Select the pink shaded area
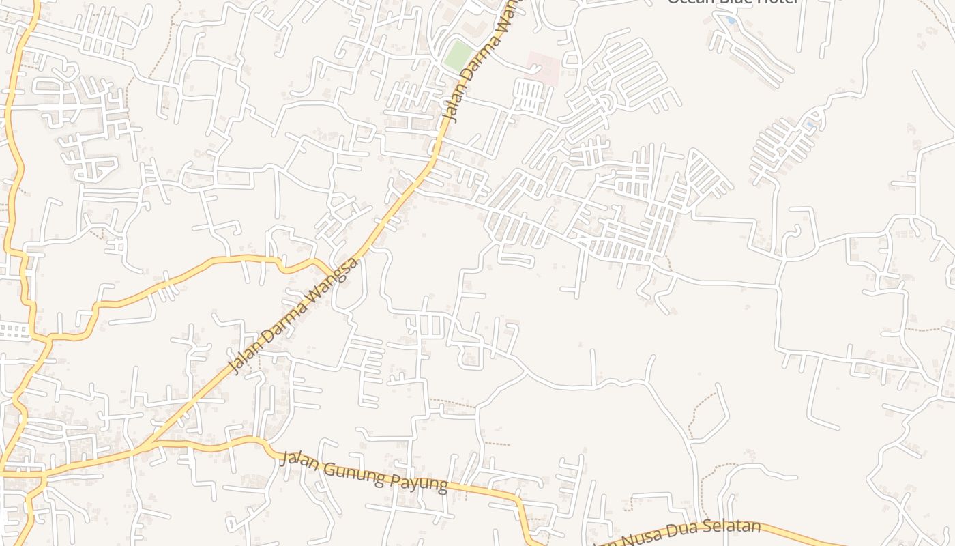pyautogui.click(x=543, y=68)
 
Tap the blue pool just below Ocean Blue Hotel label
pyautogui.click(x=731, y=20)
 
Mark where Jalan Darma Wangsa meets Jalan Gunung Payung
pyautogui.click(x=145, y=447)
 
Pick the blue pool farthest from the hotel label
pyautogui.click(x=810, y=124)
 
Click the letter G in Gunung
pyautogui.click(x=327, y=465)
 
